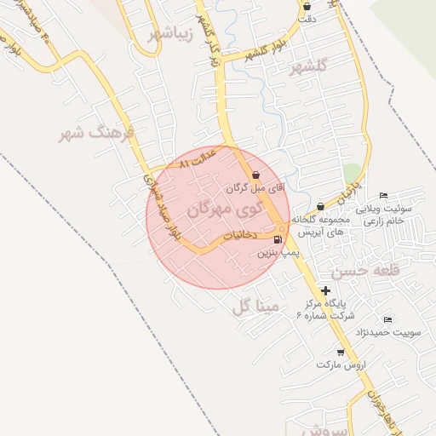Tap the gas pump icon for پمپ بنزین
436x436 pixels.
tap(278, 240)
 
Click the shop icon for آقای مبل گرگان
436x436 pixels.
tap(256, 175)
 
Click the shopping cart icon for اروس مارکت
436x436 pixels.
tap(341, 352)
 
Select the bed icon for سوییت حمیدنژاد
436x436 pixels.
tap(387, 319)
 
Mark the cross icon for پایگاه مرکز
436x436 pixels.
tap(325, 290)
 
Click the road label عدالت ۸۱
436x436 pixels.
tap(199, 158)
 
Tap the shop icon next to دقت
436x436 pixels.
tap(307, 7)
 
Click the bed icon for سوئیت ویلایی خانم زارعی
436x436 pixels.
tap(383, 195)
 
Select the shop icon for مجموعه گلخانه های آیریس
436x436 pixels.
tap(320, 206)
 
